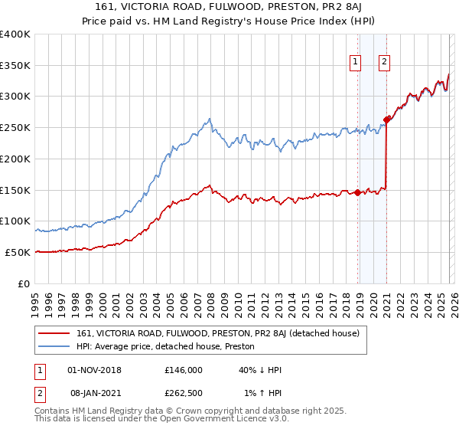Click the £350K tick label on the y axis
tap(15, 65)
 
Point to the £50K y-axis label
tap(18, 252)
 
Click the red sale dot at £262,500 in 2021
tap(387, 120)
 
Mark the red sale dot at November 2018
tap(357, 192)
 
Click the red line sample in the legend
tap(54, 333)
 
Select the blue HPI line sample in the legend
tap(54, 346)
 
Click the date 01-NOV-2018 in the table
tap(94, 370)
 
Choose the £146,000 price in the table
tap(183, 370)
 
